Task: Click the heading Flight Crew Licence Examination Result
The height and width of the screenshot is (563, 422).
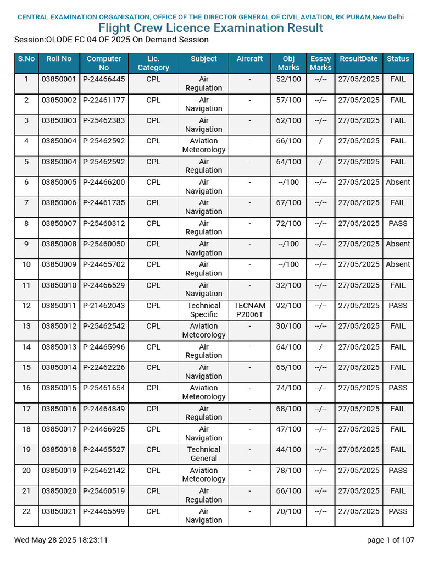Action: [211, 28]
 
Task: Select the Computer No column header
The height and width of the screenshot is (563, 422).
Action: [104, 63]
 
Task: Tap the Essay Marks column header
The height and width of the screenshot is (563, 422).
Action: [320, 63]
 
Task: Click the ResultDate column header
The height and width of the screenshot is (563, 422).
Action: [358, 59]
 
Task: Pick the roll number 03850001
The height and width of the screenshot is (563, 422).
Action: [59, 79]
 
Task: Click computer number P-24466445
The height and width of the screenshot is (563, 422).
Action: [104, 79]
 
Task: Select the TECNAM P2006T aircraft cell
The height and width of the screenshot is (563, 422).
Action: [249, 310]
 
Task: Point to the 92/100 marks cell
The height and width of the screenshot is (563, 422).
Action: [288, 306]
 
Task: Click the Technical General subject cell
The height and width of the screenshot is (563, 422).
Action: [204, 454]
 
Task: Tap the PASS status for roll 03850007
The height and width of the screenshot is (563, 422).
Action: [398, 224]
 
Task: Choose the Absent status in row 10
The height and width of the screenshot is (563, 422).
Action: [398, 264]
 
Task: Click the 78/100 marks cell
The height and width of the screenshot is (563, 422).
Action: [288, 471]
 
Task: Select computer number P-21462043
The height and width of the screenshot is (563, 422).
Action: [104, 306]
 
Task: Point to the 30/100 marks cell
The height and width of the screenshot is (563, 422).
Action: [288, 327]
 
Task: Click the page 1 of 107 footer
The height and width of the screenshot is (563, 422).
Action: [390, 540]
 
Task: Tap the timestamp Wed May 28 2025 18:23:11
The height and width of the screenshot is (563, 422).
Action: [61, 540]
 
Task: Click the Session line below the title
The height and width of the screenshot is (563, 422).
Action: [112, 40]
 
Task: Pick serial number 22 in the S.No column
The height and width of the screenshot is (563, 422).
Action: [26, 511]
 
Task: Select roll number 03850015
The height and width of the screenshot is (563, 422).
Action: [59, 388]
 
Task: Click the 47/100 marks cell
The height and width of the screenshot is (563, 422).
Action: [288, 429]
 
